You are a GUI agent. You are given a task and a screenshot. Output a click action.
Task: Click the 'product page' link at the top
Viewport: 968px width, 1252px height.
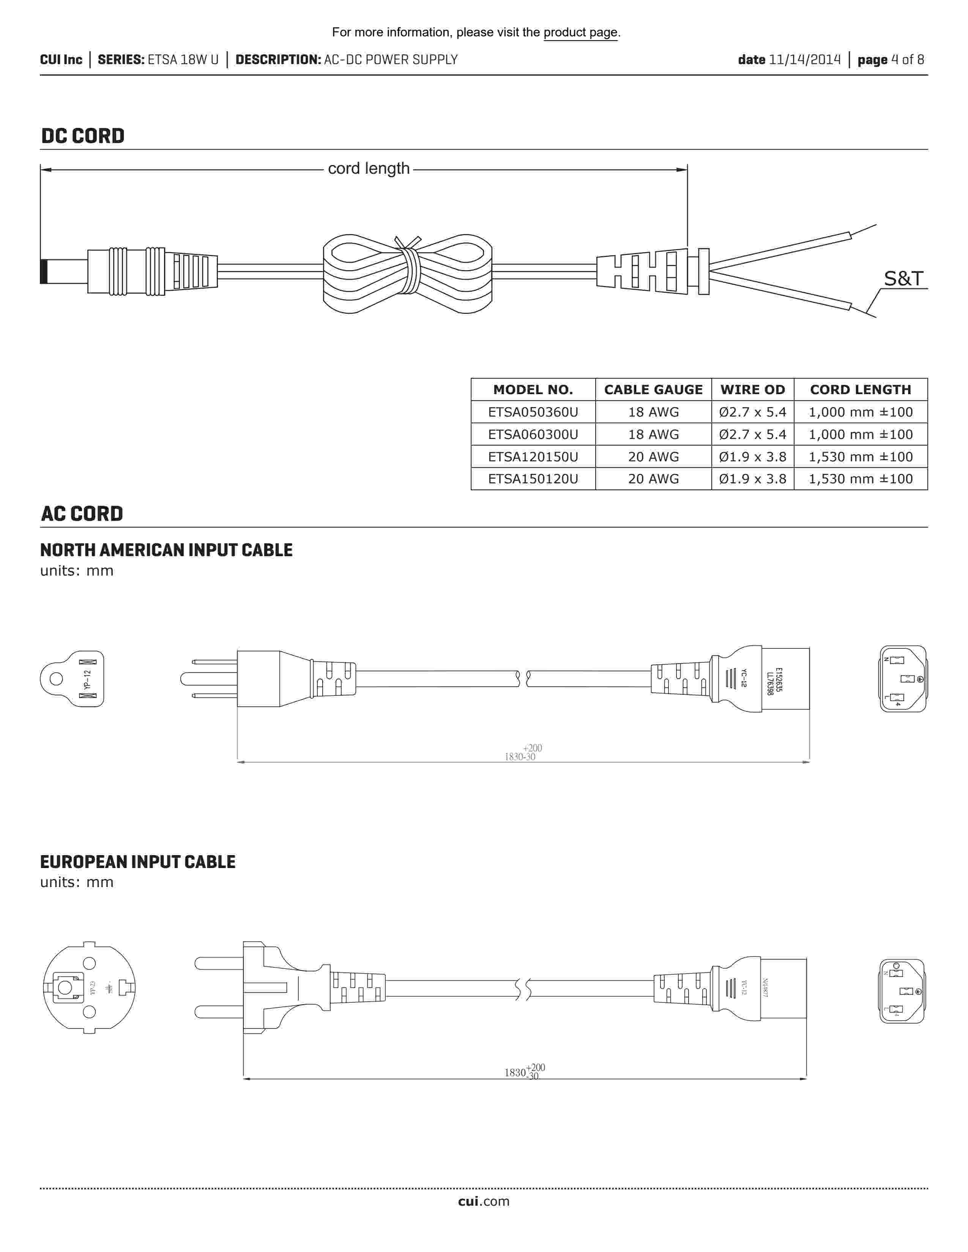(x=580, y=33)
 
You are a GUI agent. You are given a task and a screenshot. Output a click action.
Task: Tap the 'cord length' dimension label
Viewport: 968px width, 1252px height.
(x=369, y=168)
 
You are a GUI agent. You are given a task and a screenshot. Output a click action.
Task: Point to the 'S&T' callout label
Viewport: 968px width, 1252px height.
(x=903, y=278)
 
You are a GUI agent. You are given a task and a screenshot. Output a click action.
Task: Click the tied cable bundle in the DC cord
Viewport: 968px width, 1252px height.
(x=407, y=274)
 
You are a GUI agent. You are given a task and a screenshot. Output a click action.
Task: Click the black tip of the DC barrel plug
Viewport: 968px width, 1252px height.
(x=44, y=271)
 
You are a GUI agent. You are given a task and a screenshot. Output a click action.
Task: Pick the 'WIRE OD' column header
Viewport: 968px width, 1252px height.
(x=752, y=390)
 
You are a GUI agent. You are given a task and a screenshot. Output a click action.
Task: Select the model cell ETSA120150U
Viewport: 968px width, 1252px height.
(x=533, y=457)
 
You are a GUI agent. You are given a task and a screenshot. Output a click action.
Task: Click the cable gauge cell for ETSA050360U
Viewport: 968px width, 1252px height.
(x=653, y=412)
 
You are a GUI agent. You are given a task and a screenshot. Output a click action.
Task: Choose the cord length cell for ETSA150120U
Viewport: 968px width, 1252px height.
(x=860, y=479)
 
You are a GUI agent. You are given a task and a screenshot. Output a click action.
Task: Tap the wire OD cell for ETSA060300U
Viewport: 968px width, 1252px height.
(x=752, y=434)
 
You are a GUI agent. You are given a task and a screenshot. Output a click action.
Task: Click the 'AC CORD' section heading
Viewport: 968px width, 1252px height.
(x=82, y=514)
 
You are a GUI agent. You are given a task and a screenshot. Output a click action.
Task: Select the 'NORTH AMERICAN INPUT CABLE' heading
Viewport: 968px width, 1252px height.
(x=166, y=551)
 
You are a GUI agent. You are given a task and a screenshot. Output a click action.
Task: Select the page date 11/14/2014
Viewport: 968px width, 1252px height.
(x=804, y=60)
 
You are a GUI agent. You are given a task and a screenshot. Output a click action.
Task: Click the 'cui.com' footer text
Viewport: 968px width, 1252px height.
(x=483, y=1201)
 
